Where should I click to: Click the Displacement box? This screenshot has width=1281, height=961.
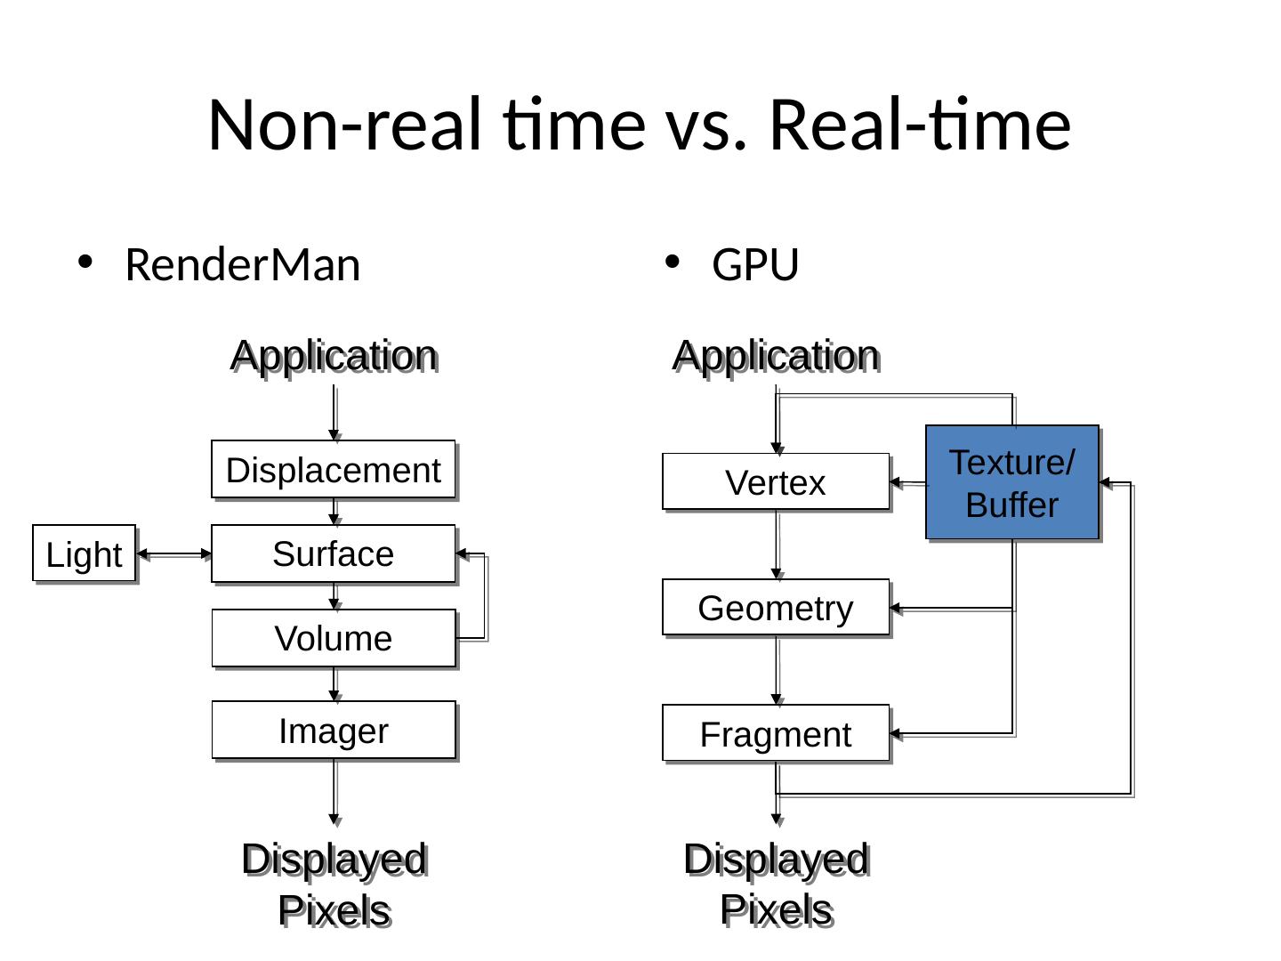333,470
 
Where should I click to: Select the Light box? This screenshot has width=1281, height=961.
84,553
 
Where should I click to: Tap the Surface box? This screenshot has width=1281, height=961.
333,553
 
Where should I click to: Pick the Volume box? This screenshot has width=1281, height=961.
333,638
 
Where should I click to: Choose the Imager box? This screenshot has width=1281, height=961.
333,731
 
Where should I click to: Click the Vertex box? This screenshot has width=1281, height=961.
775,482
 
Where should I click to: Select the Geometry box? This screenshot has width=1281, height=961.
775,608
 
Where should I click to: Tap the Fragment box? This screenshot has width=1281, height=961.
775,734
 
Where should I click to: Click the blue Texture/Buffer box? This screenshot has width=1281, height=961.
1011,482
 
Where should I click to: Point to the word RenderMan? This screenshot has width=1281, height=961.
242,265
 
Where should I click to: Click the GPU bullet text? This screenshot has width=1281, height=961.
755,265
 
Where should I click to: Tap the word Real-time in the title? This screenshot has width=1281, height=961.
919,124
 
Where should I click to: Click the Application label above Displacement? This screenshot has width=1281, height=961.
333,356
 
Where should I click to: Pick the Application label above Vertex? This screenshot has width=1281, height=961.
775,356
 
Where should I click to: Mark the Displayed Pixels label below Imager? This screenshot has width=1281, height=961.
334,884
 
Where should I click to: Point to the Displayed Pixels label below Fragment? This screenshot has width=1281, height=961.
776,884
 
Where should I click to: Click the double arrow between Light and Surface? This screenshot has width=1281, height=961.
173,554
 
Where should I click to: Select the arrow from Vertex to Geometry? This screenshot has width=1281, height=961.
777,545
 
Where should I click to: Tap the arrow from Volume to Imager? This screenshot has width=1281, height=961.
334,683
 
